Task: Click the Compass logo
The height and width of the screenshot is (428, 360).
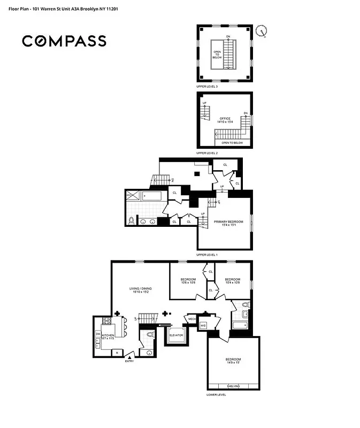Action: (64, 41)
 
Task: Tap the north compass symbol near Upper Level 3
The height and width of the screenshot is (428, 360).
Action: (262, 31)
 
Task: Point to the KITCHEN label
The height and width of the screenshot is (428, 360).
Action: (109, 336)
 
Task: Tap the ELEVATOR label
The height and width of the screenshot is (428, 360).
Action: (177, 335)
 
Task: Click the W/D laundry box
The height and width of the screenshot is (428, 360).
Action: (203, 325)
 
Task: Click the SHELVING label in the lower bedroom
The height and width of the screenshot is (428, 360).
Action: (233, 386)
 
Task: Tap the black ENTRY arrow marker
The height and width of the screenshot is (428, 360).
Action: (129, 357)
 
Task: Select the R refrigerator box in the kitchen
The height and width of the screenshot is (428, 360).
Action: (116, 352)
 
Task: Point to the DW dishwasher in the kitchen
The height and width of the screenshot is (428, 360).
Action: (98, 333)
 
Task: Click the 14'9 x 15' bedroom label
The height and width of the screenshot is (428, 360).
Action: (233, 361)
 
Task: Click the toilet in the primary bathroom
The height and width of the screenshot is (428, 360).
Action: (131, 220)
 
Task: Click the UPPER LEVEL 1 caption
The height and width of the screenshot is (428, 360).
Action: (207, 255)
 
